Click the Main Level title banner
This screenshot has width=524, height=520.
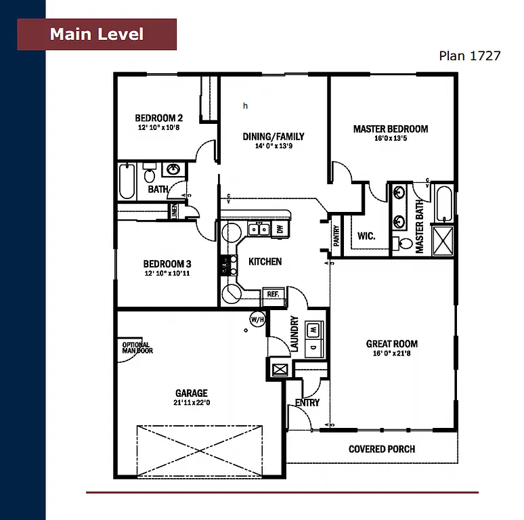97,35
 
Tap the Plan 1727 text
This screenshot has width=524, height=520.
469,56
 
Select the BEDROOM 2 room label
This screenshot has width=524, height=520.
158,116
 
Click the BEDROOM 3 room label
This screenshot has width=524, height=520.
167,264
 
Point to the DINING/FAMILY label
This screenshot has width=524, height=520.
274,136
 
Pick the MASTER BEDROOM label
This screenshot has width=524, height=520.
391,129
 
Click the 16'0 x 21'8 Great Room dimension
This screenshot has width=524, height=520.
391,353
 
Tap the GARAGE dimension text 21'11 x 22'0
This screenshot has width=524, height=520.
192,402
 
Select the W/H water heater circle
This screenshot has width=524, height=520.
257,319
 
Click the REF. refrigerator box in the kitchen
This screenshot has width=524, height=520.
273,295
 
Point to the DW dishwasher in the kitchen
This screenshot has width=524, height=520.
280,230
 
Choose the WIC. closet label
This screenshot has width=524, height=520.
366,236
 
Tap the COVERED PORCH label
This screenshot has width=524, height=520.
382,449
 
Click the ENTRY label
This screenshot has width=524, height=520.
307,403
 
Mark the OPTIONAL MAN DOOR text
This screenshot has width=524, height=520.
137,348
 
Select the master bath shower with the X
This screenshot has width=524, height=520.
444,240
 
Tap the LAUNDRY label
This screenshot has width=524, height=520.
294,334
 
